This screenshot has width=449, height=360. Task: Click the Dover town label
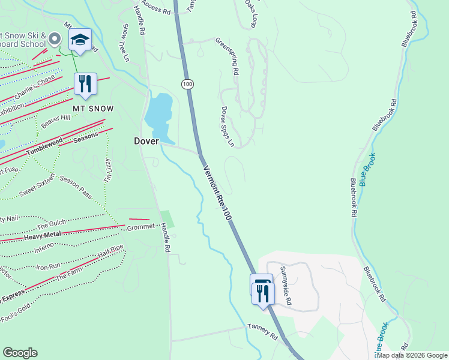146,141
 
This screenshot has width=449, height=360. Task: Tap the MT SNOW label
93,109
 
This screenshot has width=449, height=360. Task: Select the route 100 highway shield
188,84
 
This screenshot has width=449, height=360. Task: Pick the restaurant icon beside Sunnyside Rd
263,293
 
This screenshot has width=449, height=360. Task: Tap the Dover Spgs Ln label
226,127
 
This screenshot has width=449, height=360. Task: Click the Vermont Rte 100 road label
217,194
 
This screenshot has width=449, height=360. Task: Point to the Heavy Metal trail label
43,235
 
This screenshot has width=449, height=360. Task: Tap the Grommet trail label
141,228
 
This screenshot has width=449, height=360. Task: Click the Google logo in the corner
20,353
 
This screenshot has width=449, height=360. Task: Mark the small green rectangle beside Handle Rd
167,219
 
